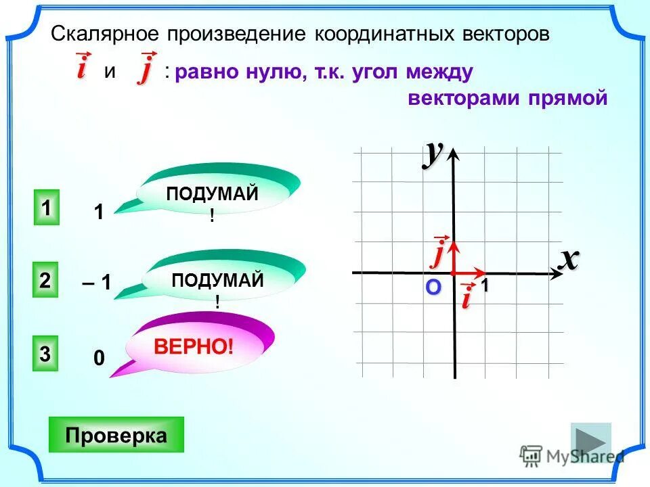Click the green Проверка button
point(116,435)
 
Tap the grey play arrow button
point(590,442)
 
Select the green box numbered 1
point(45,208)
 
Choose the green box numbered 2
point(45,281)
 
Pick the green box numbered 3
point(45,354)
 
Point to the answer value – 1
point(97,283)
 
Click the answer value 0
point(99,358)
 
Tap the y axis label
point(433,153)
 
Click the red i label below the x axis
point(466,298)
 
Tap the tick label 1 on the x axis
point(485,287)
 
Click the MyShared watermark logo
point(572,456)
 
